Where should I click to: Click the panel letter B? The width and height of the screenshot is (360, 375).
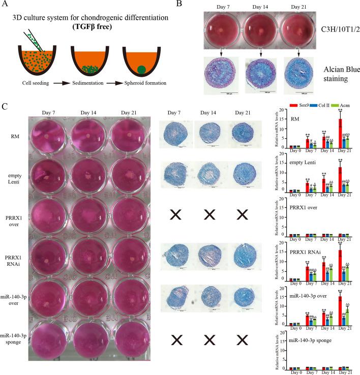click(x=193, y=5)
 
